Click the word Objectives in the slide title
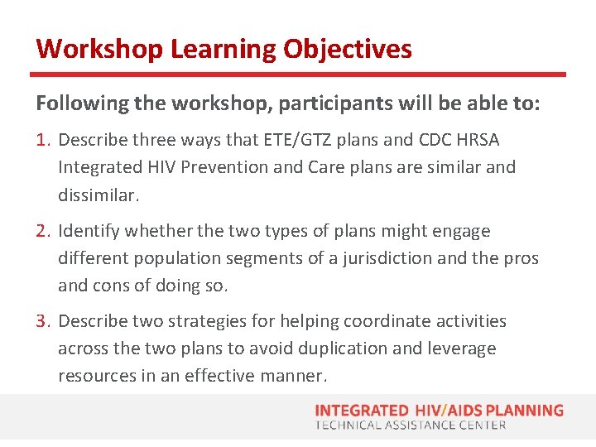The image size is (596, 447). (347, 49)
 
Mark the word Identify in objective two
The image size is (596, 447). (88, 231)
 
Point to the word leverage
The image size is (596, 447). (461, 348)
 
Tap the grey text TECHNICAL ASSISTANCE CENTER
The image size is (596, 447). (411, 425)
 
